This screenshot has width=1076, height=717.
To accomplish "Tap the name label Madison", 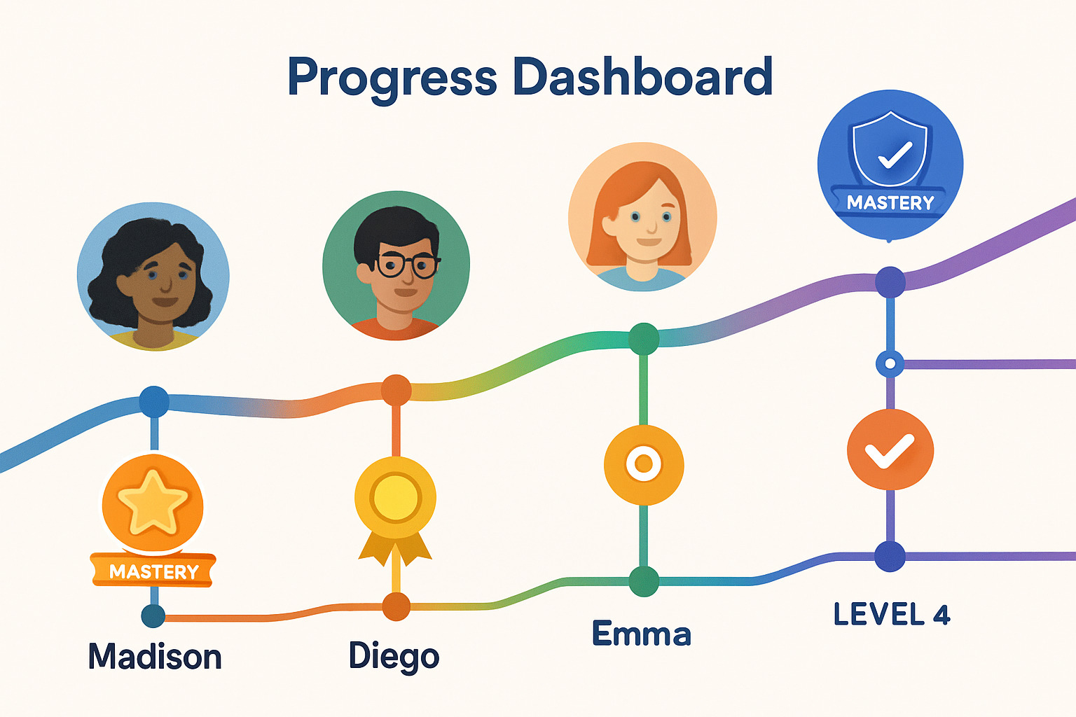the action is click(155, 656).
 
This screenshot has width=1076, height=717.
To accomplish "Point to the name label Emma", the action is click(641, 634).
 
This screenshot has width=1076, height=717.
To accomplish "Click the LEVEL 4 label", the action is click(892, 614).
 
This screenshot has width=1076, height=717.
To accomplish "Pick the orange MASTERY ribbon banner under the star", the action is click(153, 571).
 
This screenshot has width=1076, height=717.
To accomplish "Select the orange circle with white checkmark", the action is click(890, 450).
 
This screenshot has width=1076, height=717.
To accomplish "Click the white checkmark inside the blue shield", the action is click(895, 155).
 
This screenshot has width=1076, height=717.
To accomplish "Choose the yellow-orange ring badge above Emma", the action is click(644, 464).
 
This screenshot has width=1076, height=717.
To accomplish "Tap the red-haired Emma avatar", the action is click(642, 216).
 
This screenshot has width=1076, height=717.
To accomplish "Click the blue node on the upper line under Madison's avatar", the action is click(153, 401).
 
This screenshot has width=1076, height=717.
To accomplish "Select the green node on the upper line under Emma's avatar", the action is click(644, 339).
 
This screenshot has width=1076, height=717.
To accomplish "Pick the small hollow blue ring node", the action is click(890, 363).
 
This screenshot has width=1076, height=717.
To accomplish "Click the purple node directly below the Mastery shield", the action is click(890, 282).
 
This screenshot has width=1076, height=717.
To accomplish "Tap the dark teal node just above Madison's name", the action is click(153, 615).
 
